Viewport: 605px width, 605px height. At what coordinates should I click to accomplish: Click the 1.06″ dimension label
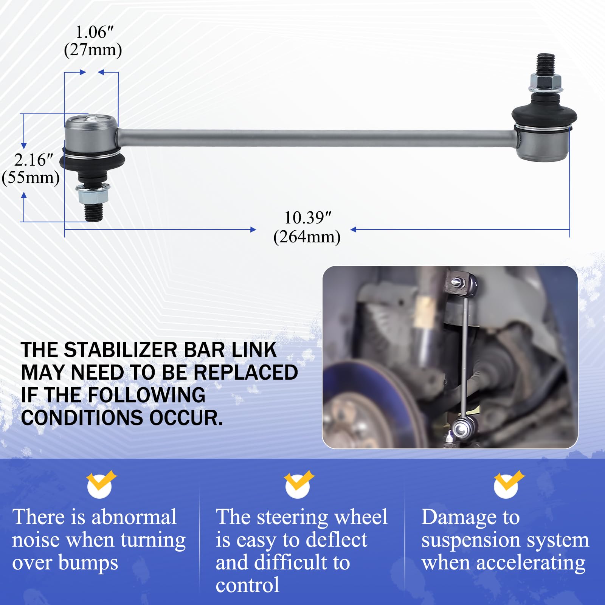point(94,33)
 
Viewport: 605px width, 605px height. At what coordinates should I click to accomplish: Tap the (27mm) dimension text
point(93,50)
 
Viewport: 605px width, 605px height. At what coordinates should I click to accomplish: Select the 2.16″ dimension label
point(33,160)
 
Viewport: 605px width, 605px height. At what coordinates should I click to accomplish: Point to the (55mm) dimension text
point(31,177)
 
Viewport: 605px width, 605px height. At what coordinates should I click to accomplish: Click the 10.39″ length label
point(307,218)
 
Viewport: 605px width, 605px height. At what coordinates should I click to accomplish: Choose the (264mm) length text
point(307,237)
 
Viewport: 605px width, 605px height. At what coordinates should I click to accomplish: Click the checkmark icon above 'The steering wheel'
point(298,484)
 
